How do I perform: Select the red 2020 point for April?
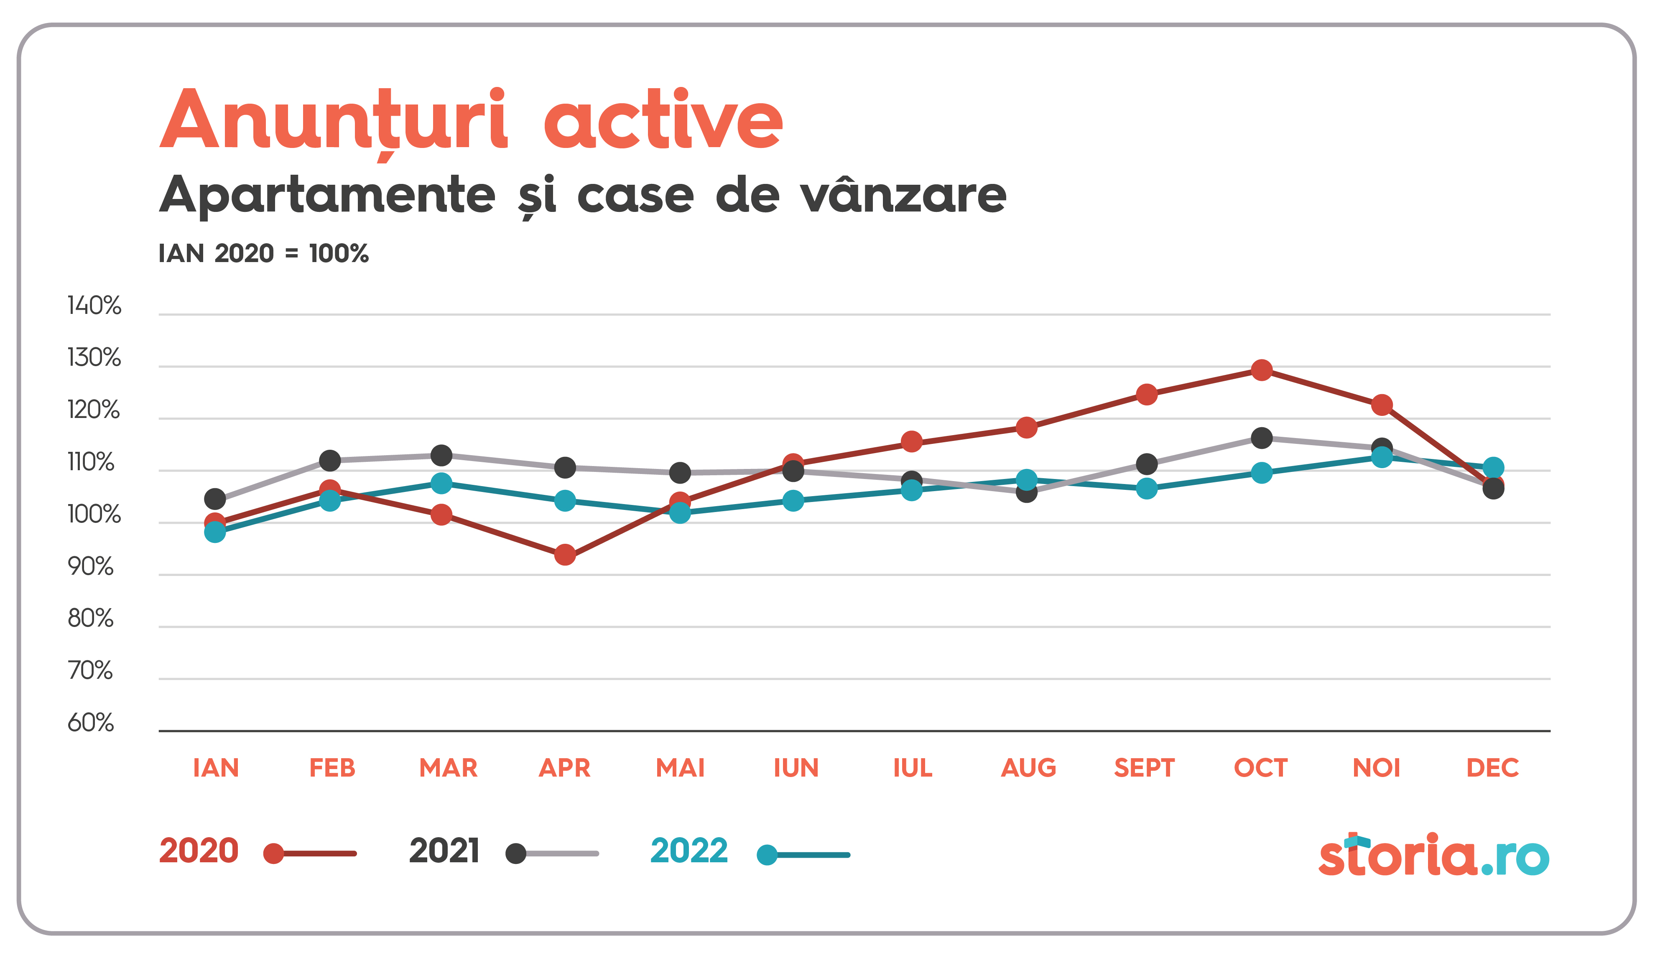(x=565, y=555)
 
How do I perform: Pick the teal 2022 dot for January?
(x=215, y=532)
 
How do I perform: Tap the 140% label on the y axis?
(x=94, y=305)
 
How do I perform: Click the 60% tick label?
(x=91, y=722)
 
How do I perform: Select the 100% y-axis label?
(x=94, y=514)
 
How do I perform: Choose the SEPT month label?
(x=1144, y=767)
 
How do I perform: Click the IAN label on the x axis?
(x=215, y=767)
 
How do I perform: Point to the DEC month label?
(x=1492, y=767)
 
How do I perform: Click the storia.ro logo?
(x=1434, y=855)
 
